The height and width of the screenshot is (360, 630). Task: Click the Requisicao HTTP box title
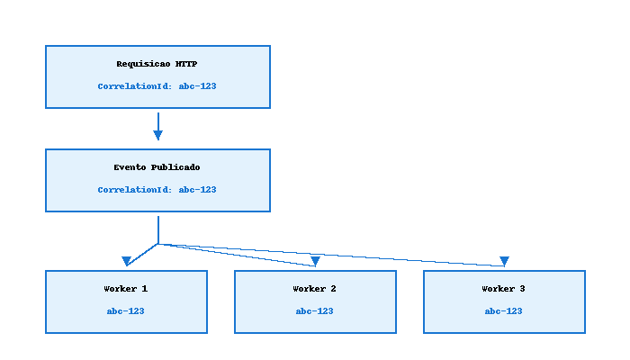[x=157, y=64]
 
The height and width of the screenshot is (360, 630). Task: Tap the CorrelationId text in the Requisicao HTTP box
[x=157, y=86]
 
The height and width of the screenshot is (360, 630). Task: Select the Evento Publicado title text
[x=157, y=167]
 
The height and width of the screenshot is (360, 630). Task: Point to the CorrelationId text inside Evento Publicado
[x=157, y=190]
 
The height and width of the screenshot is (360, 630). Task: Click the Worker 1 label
[x=126, y=289]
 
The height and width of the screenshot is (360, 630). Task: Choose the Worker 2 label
[x=315, y=289]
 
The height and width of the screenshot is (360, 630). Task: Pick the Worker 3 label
[x=504, y=289]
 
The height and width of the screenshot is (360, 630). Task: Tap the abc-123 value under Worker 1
[x=126, y=311]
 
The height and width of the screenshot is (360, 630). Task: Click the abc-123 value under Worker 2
[x=315, y=311]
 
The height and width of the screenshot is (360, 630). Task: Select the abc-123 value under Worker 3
[x=504, y=311]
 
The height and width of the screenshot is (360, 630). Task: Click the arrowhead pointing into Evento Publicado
[x=157, y=135]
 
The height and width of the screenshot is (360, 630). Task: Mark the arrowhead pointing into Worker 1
[x=127, y=262]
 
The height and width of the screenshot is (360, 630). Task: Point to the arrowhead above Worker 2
[x=315, y=262]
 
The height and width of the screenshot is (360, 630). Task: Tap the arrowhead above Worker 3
[x=504, y=262]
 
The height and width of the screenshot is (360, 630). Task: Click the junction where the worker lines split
[x=158, y=243]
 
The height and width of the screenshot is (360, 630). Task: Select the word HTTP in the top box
[x=187, y=64]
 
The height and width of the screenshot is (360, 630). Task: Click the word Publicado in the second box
[x=176, y=167]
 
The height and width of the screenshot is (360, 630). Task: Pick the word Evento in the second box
[x=130, y=167]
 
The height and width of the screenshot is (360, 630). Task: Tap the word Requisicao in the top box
[x=144, y=64]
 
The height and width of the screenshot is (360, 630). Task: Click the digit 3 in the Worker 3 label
[x=523, y=289]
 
